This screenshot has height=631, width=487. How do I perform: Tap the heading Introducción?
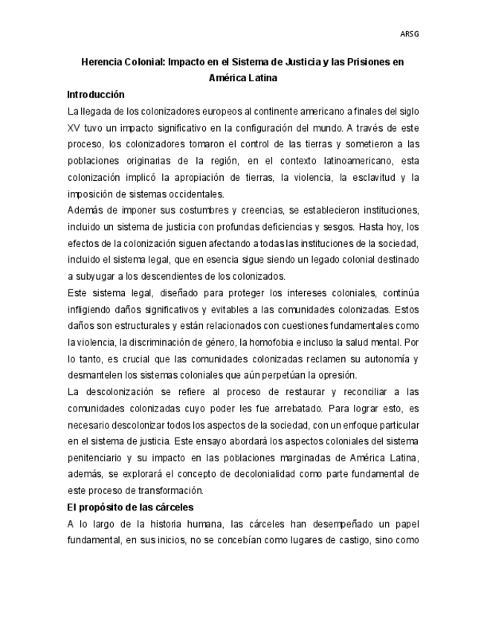95,95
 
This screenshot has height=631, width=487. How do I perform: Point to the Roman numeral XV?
74,128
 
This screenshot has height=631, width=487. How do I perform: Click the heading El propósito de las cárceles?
130,507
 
